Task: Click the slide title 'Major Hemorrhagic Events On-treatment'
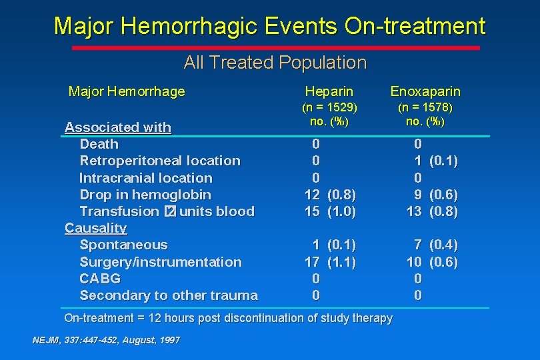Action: point(269,27)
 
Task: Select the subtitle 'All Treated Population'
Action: point(275,63)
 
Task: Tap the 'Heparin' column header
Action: point(329,91)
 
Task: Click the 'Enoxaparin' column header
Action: point(425,91)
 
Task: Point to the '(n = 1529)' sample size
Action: point(329,107)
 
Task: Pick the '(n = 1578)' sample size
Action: point(425,107)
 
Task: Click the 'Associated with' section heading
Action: point(118,127)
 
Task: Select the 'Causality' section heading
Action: point(95,228)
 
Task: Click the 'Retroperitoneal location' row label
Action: point(160,161)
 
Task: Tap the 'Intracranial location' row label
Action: point(146,178)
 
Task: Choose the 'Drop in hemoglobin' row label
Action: point(145,195)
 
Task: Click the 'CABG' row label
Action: point(100,278)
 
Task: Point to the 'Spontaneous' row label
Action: point(123,245)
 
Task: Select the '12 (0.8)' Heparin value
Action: point(330,195)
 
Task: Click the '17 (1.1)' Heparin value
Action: point(330,261)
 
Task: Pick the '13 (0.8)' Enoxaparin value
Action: point(433,211)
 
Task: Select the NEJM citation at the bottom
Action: point(106,340)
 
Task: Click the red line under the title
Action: point(275,48)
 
